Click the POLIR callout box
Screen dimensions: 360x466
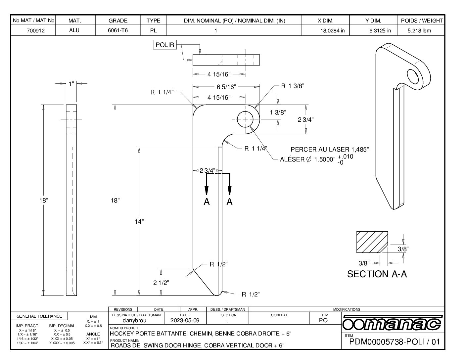pos(164,45)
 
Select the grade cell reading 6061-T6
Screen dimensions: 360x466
pos(118,30)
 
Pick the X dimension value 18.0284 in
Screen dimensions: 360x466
pos(332,31)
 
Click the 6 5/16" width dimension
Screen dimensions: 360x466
pos(226,87)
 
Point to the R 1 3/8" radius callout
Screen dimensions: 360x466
pos(292,86)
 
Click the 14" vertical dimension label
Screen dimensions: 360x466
pos(139,221)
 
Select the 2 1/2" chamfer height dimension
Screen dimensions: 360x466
pos(161,283)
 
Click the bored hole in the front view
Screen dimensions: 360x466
pos(245,119)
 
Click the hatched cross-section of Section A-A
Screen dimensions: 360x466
pos(372,242)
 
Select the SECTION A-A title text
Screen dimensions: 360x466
pos(377,274)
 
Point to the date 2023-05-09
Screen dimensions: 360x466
pos(185,320)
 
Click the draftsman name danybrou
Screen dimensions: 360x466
pos(134,320)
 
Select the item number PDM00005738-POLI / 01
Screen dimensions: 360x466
pos(395,342)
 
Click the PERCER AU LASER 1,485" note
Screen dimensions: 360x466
pos(329,150)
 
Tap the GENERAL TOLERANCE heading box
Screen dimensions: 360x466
pos(39,316)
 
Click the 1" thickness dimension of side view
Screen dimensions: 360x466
pos(71,84)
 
